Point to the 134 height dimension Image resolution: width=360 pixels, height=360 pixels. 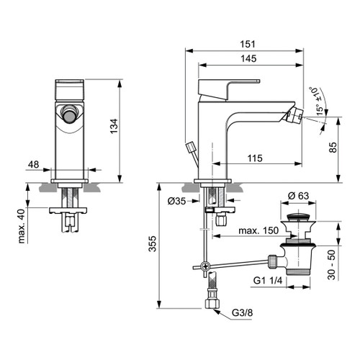[113, 128]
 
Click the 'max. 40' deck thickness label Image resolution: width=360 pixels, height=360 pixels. [22, 226]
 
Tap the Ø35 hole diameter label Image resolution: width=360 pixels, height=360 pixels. [177, 201]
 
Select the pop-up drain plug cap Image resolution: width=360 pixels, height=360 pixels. [296, 215]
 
